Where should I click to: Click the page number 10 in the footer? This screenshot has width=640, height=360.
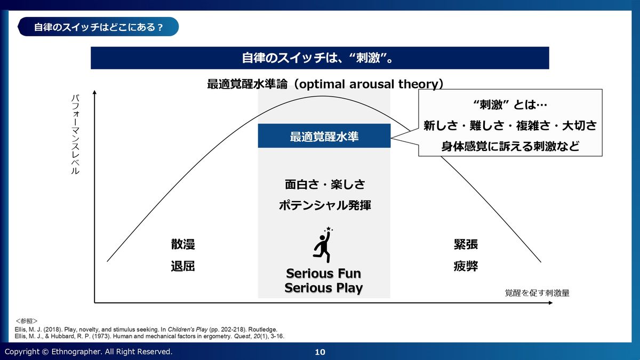coord(320,352)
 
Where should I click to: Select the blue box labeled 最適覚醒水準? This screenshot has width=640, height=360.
coord(324,137)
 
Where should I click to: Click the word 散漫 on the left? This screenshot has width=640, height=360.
coord(182,245)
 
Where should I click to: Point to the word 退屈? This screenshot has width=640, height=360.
coord(182,266)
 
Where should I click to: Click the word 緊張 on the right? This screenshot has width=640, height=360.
coord(466,245)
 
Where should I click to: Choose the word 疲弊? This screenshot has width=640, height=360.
coord(466,266)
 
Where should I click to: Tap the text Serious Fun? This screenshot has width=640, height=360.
coord(324,274)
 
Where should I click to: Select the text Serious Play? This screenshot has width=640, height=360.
coord(324,289)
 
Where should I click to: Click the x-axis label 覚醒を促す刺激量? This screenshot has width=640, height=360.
coord(537,293)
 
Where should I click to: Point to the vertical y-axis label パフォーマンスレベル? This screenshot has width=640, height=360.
coord(75,135)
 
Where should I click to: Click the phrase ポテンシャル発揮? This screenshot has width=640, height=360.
coord(324,206)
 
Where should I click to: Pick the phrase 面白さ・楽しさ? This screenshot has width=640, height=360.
coord(324,185)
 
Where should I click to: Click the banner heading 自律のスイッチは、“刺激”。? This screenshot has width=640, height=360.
coord(319,58)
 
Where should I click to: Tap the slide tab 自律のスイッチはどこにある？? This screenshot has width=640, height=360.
coord(98,27)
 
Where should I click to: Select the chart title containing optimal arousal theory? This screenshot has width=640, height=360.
coord(325,84)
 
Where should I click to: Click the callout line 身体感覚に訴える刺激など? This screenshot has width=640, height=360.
coord(510,146)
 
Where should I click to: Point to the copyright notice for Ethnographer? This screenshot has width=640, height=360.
coord(89,352)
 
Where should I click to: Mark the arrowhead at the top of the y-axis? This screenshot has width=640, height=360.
coord(94,94)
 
